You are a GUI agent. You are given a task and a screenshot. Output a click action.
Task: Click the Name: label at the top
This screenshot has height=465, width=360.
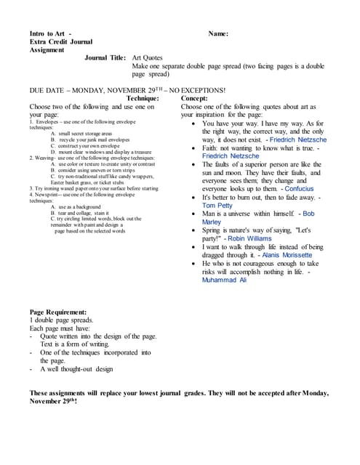point(218,33)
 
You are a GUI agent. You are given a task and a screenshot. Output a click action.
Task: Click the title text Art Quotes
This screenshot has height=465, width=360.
point(148,57)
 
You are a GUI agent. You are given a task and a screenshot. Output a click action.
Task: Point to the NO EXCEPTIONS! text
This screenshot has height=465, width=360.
point(196,90)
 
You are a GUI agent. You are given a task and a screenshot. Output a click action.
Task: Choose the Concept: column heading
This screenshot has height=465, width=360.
point(194,98)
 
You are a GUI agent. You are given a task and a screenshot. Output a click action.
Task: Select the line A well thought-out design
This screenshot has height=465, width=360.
point(77,368)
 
